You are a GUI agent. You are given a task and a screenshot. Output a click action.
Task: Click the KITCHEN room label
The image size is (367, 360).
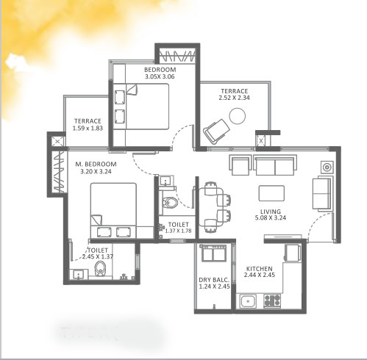click(259, 268)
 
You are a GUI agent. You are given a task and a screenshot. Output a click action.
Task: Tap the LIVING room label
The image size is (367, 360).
click(271, 212)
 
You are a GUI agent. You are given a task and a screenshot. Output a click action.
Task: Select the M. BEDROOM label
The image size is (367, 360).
click(96, 164)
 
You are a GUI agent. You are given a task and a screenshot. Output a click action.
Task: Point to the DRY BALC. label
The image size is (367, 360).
click(214, 280)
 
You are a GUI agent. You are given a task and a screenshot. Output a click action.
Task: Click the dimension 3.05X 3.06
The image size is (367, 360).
click(160, 76)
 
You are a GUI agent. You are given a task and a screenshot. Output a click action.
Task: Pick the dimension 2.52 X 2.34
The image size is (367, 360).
click(234, 98)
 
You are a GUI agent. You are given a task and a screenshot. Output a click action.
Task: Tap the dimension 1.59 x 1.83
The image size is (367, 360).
click(88, 128)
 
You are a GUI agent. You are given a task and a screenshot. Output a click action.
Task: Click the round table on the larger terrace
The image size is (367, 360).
click(238, 116)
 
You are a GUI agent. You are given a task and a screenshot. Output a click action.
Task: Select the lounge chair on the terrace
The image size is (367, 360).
click(216, 132)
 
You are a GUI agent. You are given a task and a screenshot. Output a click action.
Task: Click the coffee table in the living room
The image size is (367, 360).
click(271, 193)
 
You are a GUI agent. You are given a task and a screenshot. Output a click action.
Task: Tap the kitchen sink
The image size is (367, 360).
click(248, 301)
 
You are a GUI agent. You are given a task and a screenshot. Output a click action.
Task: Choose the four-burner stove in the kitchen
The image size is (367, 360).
click(272, 300)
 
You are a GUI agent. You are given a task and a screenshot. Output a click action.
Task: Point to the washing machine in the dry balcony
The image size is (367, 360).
click(213, 253)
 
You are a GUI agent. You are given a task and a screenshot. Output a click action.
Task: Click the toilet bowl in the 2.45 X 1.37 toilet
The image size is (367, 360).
click(100, 268)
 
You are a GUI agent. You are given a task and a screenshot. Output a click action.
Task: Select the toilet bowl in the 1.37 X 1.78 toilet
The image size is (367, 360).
click(170, 203)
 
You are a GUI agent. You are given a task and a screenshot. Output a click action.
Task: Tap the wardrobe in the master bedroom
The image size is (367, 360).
click(59, 172)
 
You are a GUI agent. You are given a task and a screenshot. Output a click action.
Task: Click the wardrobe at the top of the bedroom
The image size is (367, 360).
click(177, 57)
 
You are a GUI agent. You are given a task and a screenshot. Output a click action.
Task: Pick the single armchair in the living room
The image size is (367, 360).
click(240, 165)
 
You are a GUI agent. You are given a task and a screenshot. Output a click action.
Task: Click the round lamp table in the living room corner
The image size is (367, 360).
click(327, 168)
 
